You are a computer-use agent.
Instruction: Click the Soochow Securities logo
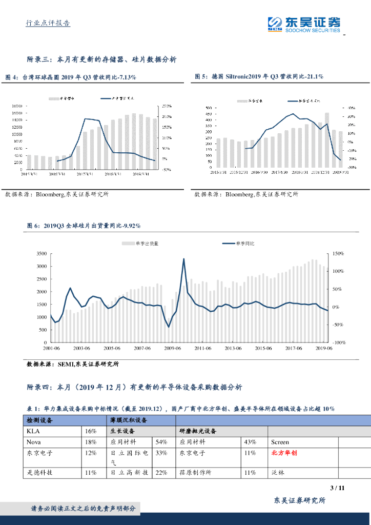point(304,24)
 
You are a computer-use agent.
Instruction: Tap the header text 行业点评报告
point(48,23)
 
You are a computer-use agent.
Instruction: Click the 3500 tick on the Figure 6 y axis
point(42,254)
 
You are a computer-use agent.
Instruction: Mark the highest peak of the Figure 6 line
point(183,259)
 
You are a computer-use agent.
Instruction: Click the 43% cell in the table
point(251,442)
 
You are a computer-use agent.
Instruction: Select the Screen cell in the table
point(280,442)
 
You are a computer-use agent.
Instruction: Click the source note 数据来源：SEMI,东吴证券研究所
point(73,365)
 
